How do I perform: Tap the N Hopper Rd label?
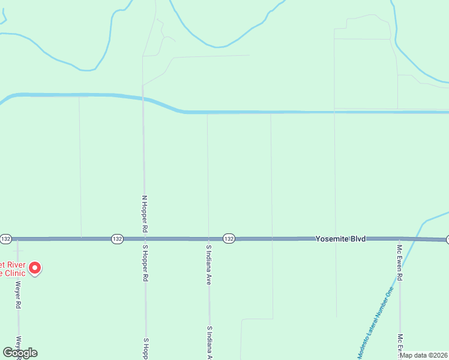pos(144,214)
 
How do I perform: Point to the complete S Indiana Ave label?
pos(209,264)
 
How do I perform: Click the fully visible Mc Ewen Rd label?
pos(399,261)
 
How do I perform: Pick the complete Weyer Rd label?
pos(19,295)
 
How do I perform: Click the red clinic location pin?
pos(35,268)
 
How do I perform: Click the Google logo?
pos(20,352)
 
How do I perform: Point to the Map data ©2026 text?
pos(423,355)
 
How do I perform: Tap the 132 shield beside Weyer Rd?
pos(5,239)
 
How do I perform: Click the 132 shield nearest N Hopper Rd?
pos(117,239)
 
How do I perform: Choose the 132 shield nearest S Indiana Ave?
pos(229,239)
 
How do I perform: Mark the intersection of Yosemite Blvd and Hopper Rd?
pos(144,239)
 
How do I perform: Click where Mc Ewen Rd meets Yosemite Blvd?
pos(399,239)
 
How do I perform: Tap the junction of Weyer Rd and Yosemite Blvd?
pos(17,239)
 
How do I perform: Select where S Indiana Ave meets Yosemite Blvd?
pos(208,239)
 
